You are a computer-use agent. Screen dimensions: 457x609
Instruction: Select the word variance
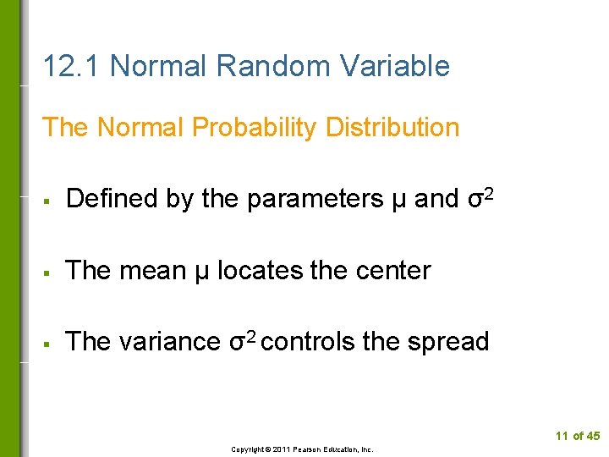pos(169,342)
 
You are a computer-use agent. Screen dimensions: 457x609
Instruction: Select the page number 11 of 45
pos(578,436)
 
